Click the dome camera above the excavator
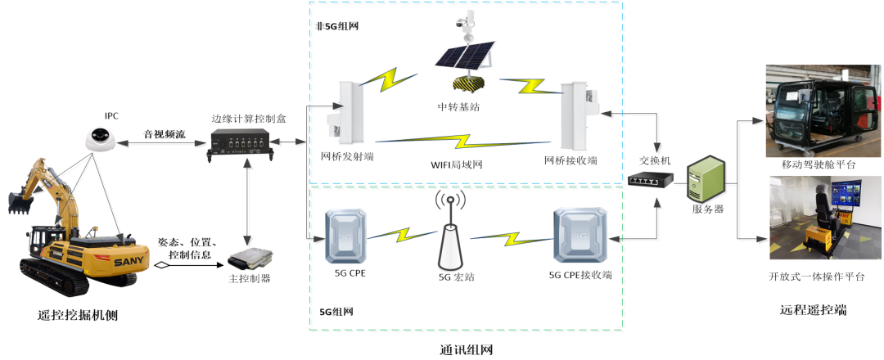click(x=100, y=137)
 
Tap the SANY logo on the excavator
click(x=129, y=261)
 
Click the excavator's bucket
click(x=20, y=202)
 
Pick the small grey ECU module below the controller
click(x=249, y=259)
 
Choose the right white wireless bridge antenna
click(x=578, y=115)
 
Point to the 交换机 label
click(x=655, y=161)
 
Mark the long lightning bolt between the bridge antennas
click(x=462, y=141)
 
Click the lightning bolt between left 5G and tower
click(x=401, y=236)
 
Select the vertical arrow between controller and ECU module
click(x=248, y=201)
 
